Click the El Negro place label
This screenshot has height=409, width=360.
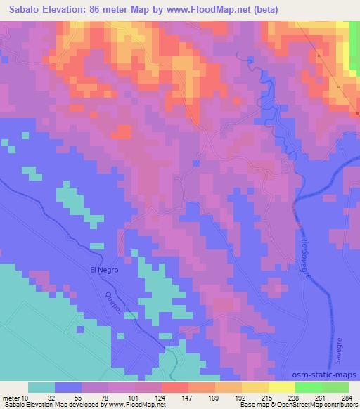coord(104,269)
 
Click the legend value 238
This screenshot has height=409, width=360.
coord(295,397)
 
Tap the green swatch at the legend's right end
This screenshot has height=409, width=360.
coord(335,387)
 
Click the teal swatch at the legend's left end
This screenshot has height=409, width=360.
coord(41,387)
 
